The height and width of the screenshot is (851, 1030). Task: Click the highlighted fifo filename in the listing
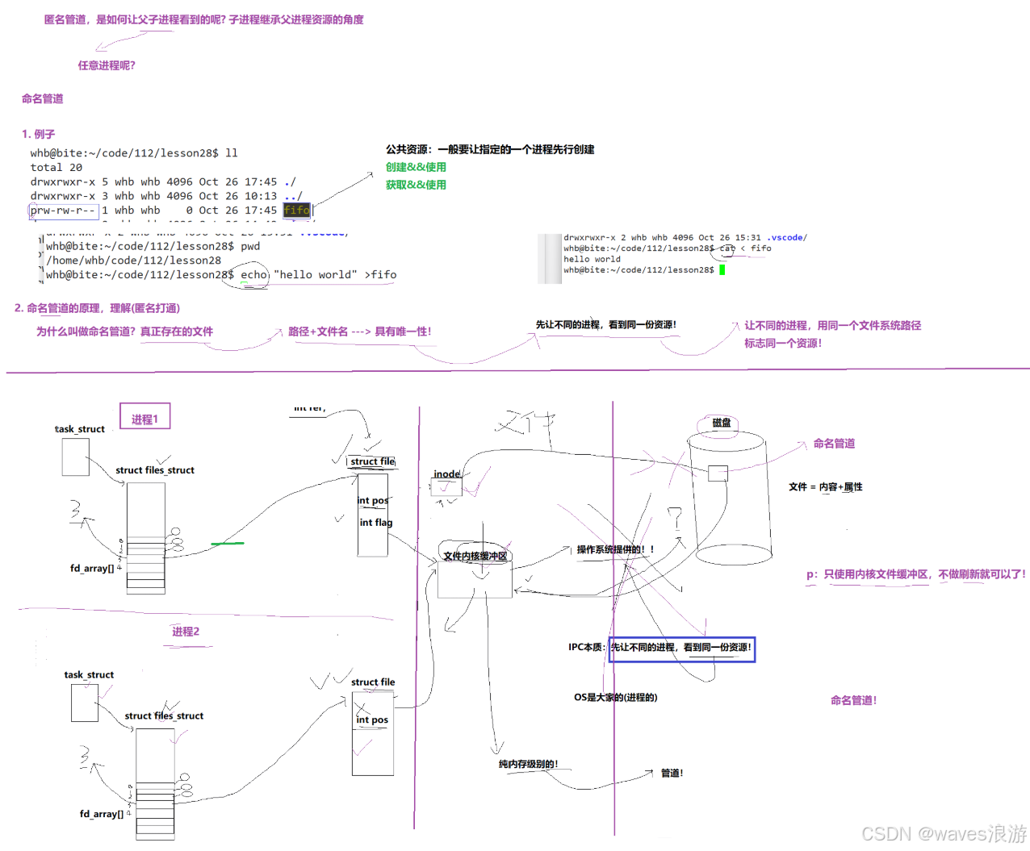tap(296, 211)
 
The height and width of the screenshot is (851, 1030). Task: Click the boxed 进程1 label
tap(145, 418)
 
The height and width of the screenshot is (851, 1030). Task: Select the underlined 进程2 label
tap(186, 632)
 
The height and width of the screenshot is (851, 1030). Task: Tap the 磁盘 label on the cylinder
tap(721, 423)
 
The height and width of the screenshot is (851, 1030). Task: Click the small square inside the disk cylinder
tap(718, 473)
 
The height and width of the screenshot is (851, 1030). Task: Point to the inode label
tap(446, 474)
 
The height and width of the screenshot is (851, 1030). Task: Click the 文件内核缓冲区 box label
tap(475, 556)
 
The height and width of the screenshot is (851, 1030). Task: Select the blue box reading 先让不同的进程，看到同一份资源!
tap(681, 648)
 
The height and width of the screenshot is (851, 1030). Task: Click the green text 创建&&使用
tap(416, 167)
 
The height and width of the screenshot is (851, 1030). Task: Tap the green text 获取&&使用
tap(416, 185)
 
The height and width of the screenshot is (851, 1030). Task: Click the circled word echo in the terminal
tap(253, 275)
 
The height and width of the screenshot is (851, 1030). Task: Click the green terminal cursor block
tap(722, 270)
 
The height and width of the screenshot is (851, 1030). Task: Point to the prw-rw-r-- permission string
tap(63, 211)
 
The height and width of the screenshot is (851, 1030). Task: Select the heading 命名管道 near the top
tap(43, 98)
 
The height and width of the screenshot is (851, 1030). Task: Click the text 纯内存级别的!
tap(528, 764)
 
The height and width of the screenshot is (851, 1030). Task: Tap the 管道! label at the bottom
tap(672, 773)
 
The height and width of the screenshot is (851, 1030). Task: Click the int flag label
tap(375, 523)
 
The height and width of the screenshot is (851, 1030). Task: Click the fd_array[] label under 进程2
tap(102, 814)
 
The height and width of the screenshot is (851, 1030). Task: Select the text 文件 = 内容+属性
tap(825, 487)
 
